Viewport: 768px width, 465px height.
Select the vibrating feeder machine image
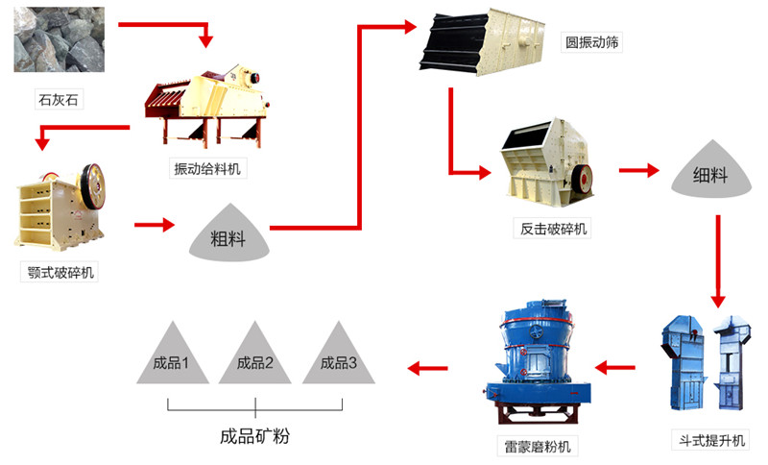pos(206,96)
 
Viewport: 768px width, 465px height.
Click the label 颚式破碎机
pos(59,273)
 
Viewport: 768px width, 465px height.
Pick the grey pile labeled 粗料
pos(228,233)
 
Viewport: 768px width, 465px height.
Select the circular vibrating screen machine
pos(485,43)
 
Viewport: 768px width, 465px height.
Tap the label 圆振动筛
pos(592,43)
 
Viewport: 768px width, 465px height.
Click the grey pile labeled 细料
pos(710,174)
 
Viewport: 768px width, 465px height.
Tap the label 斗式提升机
pos(708,440)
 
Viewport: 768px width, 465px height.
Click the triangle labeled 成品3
pos(339,358)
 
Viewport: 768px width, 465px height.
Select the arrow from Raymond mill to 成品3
pos(428,367)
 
